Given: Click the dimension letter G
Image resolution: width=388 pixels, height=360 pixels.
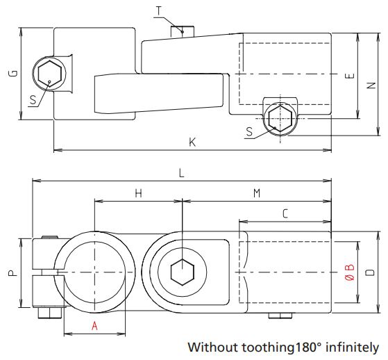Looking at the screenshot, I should click(12, 74).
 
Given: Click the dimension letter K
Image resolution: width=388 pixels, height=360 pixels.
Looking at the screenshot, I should click(192, 142).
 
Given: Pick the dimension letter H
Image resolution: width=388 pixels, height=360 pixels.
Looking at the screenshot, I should click(138, 194).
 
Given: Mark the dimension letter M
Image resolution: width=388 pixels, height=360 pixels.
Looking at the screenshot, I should click(256, 194).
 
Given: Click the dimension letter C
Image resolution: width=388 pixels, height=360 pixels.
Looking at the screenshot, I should click(285, 215).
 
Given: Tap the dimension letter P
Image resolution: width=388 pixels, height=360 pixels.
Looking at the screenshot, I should click(12, 273).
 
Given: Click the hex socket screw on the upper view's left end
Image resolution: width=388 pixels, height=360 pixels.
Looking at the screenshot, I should click(49, 73).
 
